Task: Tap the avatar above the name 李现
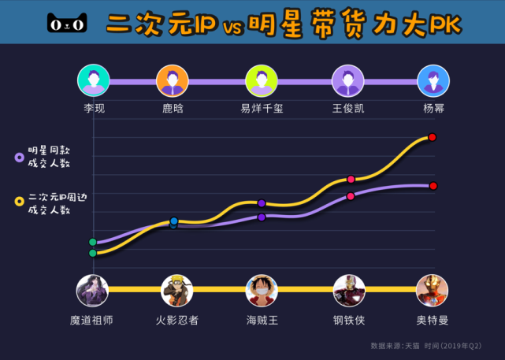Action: click(94, 80)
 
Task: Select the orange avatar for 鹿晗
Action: click(173, 80)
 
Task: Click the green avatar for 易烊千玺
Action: click(262, 80)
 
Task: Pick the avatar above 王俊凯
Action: click(347, 80)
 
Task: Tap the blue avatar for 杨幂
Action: click(433, 80)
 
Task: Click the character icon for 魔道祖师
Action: click(92, 291)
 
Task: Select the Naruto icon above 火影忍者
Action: click(176, 291)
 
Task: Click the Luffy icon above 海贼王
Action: click(262, 291)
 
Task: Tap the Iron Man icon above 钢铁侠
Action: click(349, 291)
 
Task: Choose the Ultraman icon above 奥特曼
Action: click(432, 291)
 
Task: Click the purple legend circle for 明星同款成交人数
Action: click(18, 158)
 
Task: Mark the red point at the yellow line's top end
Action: click(432, 137)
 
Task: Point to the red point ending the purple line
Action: click(433, 186)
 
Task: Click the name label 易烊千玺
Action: click(262, 109)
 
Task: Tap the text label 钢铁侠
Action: click(349, 321)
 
